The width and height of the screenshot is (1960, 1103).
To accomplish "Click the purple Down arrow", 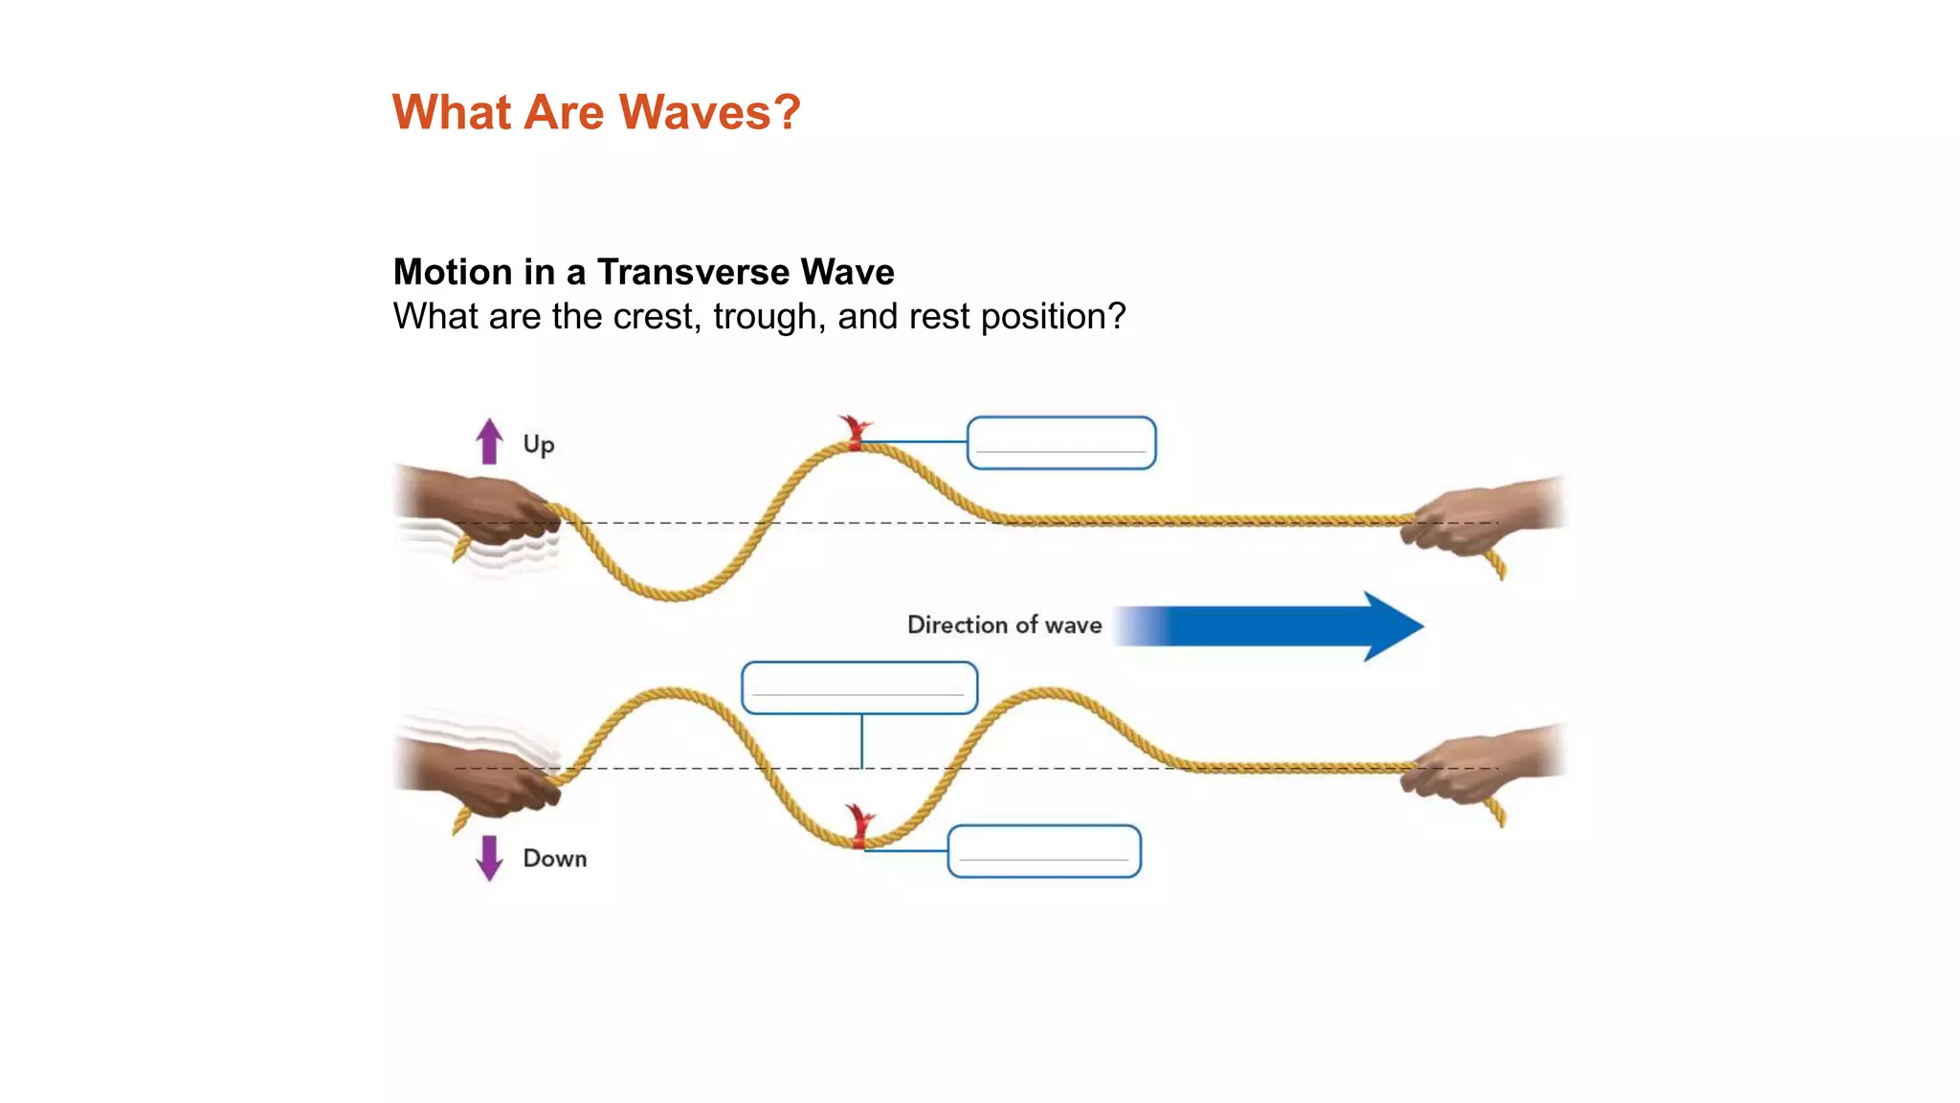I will pos(489,858).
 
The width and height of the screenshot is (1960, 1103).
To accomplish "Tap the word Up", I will pos(539,445).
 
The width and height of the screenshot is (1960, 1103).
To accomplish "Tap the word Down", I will pos(555,858).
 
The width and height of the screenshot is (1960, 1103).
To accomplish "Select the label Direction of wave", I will pos(1004,625).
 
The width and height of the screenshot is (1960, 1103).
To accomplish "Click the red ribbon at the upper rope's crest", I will pos(854,433).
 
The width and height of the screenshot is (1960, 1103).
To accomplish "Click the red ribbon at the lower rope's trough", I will pos(859,827).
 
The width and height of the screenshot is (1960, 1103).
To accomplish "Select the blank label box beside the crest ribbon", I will pos(1061,442).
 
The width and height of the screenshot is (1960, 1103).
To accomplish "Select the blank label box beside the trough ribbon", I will pos(1044,851).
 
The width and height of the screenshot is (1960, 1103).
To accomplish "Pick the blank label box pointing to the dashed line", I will pos(859,687).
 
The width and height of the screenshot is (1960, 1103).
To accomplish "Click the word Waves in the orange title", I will pos(695,112).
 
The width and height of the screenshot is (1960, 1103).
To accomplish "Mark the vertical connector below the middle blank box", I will pos(861,741).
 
